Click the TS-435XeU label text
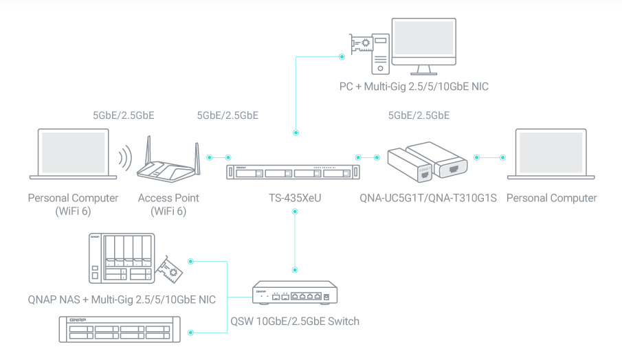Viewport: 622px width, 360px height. click(x=296, y=198)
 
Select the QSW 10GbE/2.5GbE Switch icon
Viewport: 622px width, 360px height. click(x=296, y=293)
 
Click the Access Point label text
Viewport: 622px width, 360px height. click(x=168, y=198)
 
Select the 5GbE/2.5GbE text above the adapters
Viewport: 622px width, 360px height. click(x=419, y=115)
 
